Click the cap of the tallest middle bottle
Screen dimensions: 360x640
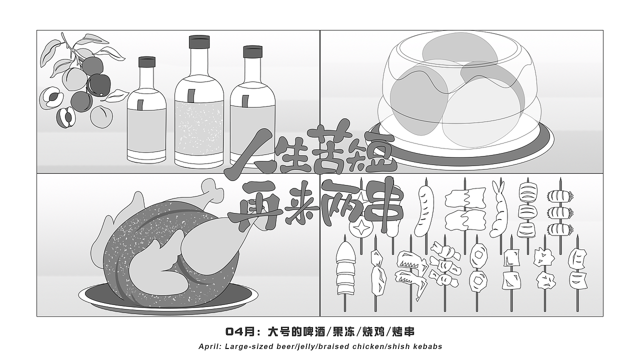point(198,42)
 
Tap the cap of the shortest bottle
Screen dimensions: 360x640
point(146,62)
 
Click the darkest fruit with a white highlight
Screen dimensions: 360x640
point(98,84)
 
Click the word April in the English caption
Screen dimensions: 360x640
point(209,346)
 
